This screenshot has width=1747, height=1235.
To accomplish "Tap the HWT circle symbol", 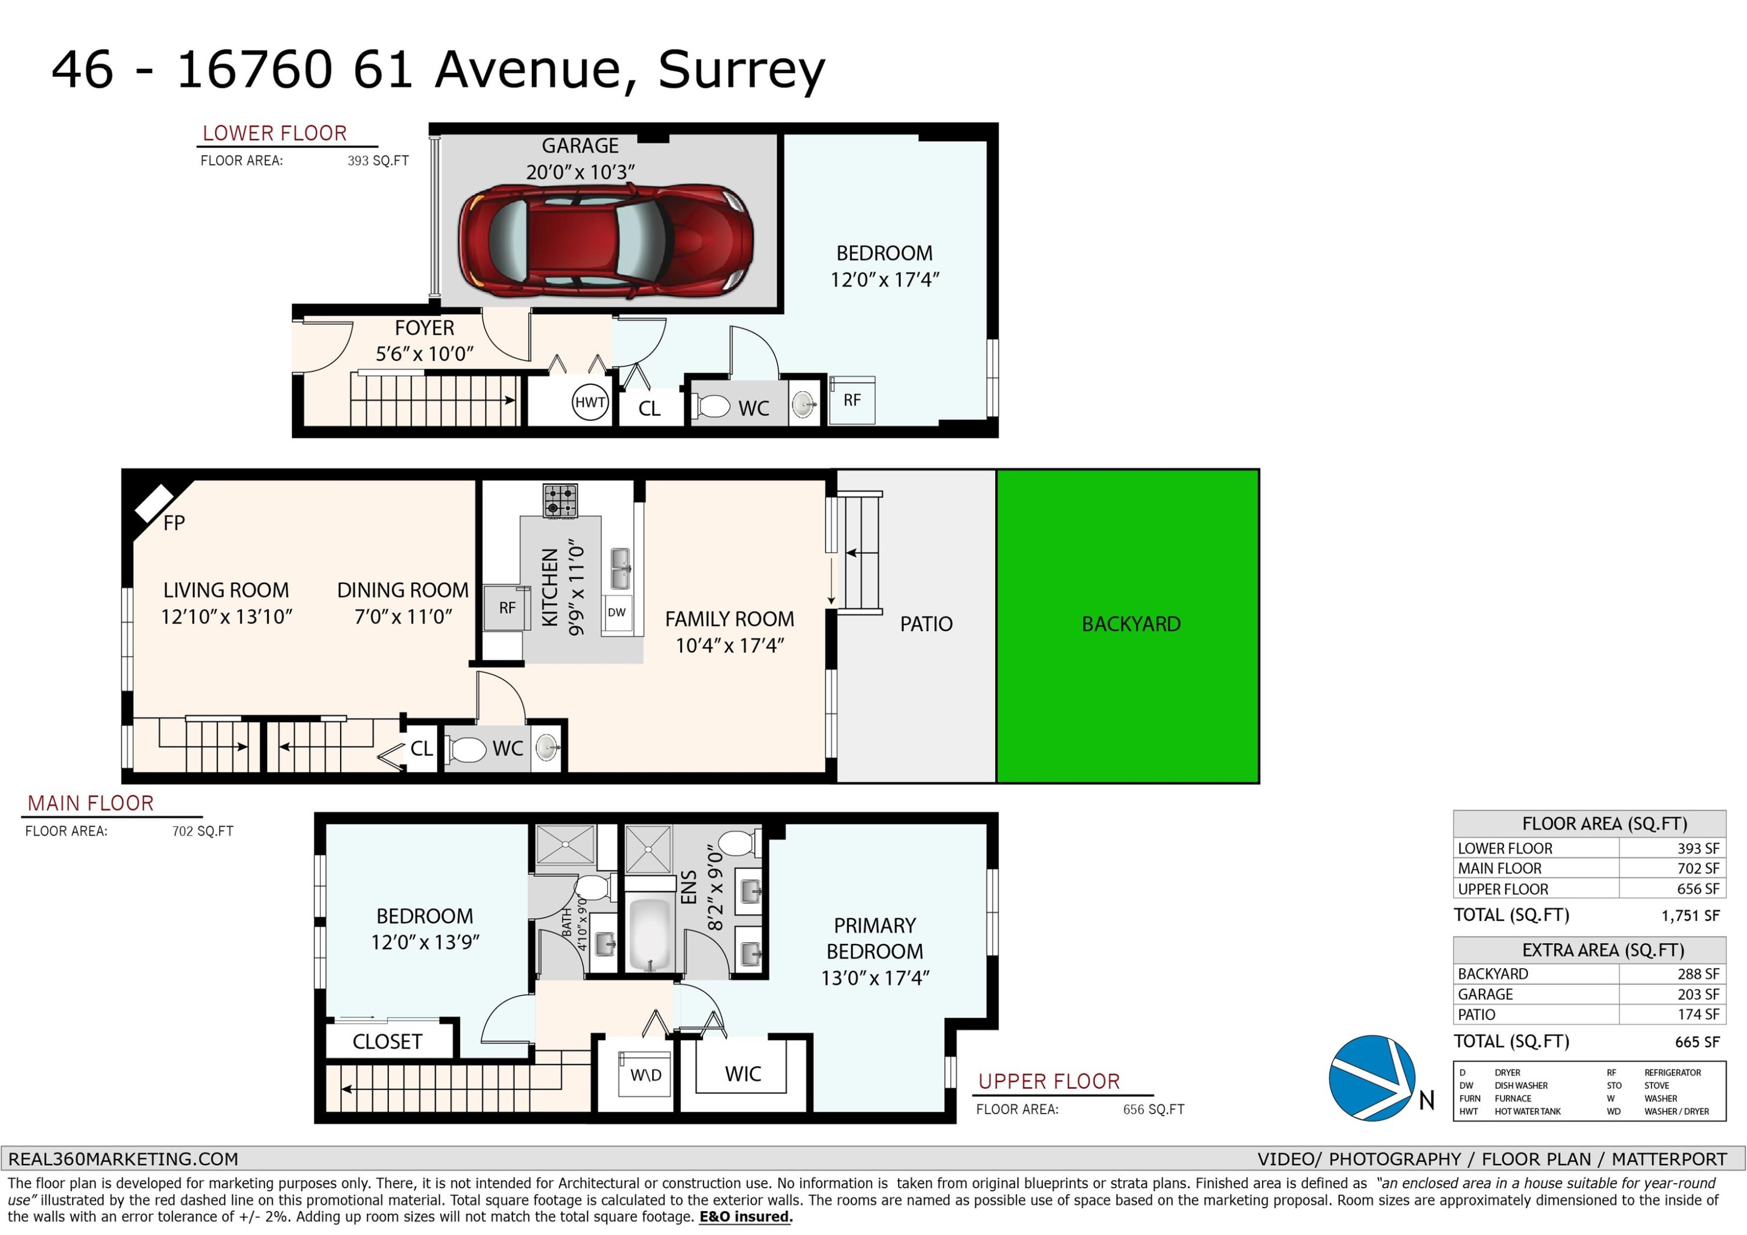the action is pos(590,402).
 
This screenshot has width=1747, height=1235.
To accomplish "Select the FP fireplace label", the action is pos(174,523).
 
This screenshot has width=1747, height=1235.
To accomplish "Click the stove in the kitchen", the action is pos(560,501).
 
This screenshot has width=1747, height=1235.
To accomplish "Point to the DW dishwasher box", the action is pos(617,613).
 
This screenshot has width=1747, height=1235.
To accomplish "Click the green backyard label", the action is pos(1131,624).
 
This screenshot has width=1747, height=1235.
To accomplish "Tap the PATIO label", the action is pos(926,624).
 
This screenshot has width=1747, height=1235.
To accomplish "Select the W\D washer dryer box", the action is pos(645,1074).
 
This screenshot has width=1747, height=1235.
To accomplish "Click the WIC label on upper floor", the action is pos(742,1074).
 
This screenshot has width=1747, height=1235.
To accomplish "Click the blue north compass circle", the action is pos(1372,1077).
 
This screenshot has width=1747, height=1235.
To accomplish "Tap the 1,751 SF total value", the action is pos(1690,916).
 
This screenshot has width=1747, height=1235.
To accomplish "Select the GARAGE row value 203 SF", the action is pos(1698,995).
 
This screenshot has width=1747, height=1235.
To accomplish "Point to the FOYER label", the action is pos(425,328).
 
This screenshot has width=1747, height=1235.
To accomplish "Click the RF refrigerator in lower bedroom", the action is pos(851,400).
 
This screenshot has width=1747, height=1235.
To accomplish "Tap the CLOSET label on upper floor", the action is pos(387,1042).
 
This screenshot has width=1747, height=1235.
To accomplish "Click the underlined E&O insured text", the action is pos(745,1217).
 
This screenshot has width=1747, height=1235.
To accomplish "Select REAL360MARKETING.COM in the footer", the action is pos(123,1159).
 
